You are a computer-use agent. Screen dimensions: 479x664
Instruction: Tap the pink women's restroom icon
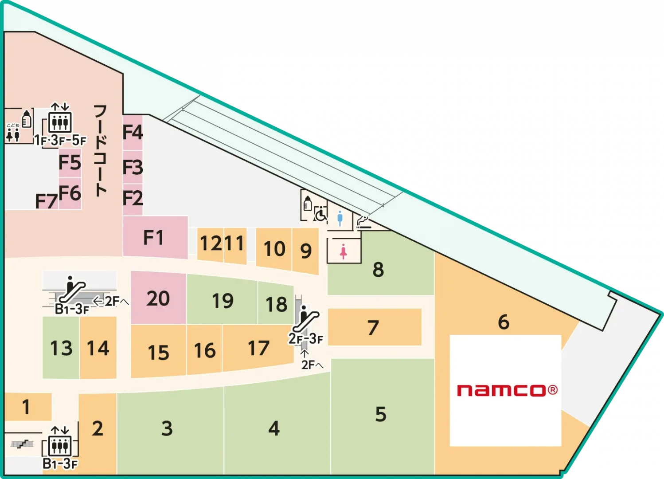pos(343,251)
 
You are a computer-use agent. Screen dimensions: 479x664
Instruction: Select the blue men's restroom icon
pos(340,218)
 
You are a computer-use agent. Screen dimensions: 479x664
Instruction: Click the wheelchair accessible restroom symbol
pos(320,214)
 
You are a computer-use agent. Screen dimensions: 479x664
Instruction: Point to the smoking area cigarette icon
pos(363,221)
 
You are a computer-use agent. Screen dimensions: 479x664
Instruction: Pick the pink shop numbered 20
pos(158,298)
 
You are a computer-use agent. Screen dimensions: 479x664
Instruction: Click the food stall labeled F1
pos(154,238)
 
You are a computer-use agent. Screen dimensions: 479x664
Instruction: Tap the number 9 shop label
pos(306,251)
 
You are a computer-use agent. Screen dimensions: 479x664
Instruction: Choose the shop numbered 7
pos(373,328)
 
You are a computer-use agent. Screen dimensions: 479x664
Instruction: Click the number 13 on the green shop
pos(61,348)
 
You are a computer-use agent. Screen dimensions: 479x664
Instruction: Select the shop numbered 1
pos(26,407)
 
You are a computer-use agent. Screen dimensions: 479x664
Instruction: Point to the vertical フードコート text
pos(100,151)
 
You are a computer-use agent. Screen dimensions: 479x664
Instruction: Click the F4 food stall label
pos(133,132)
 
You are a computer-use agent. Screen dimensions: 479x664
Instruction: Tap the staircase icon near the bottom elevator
pos(22,443)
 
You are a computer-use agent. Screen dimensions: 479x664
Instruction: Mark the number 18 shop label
pos(276,305)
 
